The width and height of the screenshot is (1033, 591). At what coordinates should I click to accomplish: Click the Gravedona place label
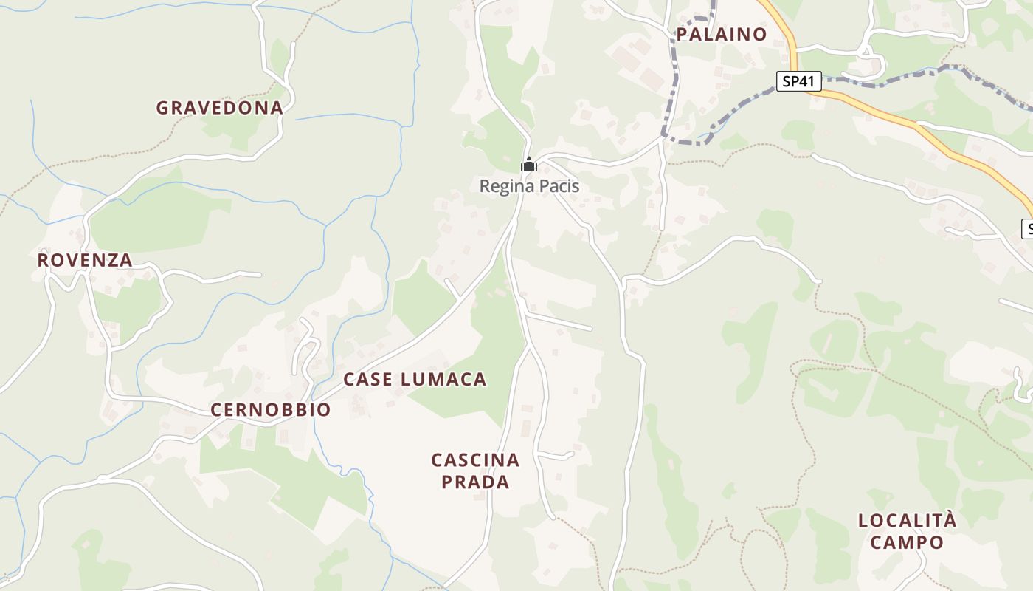pyautogui.click(x=219, y=108)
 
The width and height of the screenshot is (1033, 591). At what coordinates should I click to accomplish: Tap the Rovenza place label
pyautogui.click(x=85, y=260)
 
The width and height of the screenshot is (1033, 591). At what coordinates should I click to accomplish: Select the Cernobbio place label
pyautogui.click(x=271, y=410)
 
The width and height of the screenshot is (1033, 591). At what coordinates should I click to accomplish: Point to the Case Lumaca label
pyautogui.click(x=415, y=380)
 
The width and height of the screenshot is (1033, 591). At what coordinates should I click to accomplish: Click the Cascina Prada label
pyautogui.click(x=475, y=471)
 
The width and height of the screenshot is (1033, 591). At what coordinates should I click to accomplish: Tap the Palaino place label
pyautogui.click(x=721, y=34)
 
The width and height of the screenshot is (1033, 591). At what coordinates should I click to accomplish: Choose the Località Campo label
pyautogui.click(x=907, y=531)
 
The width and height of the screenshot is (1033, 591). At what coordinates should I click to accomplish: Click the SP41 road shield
pyautogui.click(x=799, y=81)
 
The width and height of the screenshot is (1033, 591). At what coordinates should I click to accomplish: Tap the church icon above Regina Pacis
pyautogui.click(x=528, y=165)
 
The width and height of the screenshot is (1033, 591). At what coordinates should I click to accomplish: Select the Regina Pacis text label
pyautogui.click(x=529, y=186)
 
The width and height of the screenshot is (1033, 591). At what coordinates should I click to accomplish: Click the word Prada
pyautogui.click(x=475, y=482)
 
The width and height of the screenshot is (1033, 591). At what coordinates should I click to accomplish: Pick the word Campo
pyautogui.click(x=907, y=543)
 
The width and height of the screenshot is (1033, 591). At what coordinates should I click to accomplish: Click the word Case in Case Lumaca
pyautogui.click(x=367, y=380)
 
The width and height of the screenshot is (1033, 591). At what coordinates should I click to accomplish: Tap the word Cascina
pyautogui.click(x=475, y=460)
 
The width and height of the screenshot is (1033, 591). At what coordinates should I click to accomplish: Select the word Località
pyautogui.click(x=907, y=520)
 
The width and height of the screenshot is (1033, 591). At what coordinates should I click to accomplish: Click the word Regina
pyautogui.click(x=505, y=186)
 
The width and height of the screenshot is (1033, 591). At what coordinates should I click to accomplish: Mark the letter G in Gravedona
pyautogui.click(x=162, y=108)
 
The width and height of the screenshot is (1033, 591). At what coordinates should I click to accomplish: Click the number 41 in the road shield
pyautogui.click(x=807, y=81)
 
